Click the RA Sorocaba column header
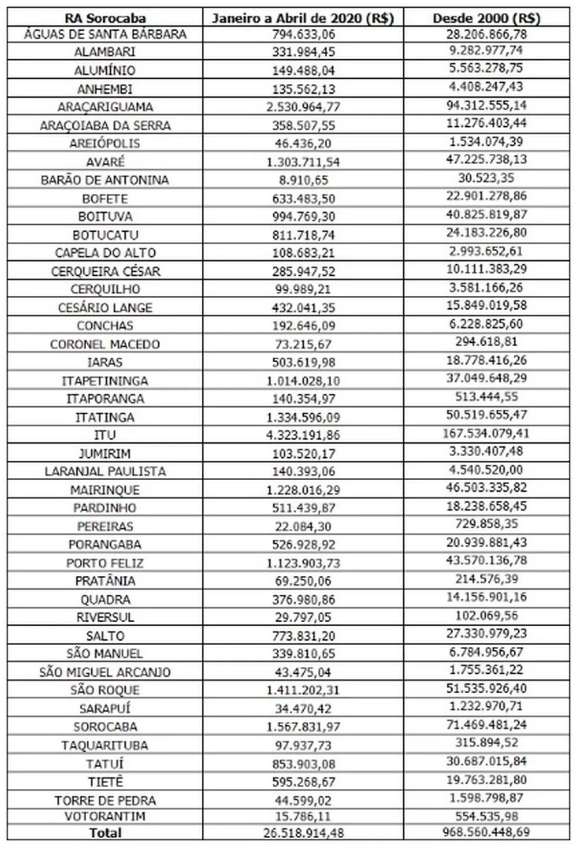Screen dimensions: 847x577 tap(105, 18)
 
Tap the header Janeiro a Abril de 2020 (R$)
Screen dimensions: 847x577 tap(303, 18)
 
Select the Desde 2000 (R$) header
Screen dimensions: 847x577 tap(486, 18)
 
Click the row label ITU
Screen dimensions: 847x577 tap(105, 435)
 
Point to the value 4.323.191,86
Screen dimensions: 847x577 tap(303, 435)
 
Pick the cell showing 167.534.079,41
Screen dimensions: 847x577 tap(486, 433)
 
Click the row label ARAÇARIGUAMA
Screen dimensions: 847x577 tap(105, 107)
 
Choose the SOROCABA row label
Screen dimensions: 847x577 tap(105, 727)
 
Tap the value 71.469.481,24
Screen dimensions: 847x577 tap(486, 724)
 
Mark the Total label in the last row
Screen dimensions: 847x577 tap(105, 832)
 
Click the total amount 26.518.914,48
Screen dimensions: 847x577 tap(303, 833)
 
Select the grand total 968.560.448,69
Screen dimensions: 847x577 tap(486, 832)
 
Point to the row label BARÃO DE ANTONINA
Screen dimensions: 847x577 tap(105, 180)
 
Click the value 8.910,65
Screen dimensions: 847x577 tap(303, 180)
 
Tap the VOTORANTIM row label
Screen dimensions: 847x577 tap(105, 816)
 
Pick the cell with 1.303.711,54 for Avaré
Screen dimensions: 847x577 tap(303, 162)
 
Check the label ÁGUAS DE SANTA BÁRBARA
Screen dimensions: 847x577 tap(105, 34)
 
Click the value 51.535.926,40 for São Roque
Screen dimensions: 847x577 tap(486, 688)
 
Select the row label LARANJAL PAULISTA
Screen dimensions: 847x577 tap(105, 471)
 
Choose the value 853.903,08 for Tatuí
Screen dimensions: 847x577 tap(303, 764)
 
